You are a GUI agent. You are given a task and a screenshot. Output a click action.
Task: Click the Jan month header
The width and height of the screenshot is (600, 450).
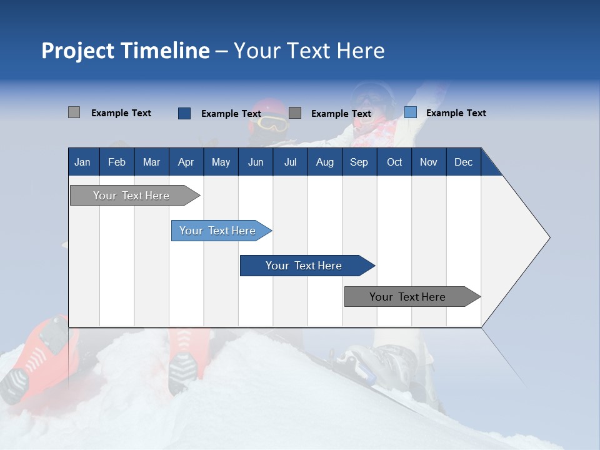tap(82, 162)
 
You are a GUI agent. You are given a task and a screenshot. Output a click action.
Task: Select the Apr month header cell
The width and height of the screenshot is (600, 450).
tap(186, 162)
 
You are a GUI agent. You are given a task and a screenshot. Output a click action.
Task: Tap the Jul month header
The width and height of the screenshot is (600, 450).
tap(290, 162)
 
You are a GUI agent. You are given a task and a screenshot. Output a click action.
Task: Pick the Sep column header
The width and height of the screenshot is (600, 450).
tap(359, 162)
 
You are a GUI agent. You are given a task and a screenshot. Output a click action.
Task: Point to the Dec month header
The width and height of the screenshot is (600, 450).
tap(463, 162)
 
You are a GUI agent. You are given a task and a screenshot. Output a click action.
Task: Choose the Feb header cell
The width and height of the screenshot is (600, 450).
tap(117, 162)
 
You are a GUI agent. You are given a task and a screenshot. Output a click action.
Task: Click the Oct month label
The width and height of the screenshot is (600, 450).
tap(394, 162)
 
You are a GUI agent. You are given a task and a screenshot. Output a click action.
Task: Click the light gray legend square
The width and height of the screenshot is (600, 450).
tap(74, 112)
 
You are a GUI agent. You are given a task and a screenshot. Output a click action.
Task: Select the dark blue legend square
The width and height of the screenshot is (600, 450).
tap(184, 113)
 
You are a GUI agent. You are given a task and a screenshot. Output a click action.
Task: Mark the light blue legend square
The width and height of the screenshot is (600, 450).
tap(410, 112)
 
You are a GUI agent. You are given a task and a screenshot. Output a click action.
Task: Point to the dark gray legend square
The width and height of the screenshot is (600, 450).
tap(295, 113)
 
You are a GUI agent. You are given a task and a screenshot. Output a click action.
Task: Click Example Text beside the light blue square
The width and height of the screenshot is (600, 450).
tap(456, 113)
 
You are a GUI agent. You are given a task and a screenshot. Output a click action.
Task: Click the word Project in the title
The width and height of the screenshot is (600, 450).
tap(78, 51)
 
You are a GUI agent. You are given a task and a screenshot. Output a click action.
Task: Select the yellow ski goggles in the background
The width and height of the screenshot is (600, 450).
tap(272, 123)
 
